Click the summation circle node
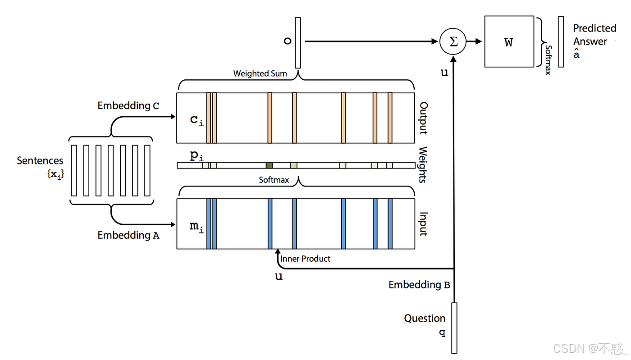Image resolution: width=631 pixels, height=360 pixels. point(453,41)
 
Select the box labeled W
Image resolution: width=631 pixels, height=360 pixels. point(509,42)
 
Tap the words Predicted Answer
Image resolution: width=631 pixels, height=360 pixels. point(594,35)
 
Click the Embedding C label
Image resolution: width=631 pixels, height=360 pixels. point(128,106)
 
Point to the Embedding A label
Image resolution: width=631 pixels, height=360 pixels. point(128,235)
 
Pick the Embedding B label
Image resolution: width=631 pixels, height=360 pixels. point(419,285)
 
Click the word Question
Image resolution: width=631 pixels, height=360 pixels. point(425,319)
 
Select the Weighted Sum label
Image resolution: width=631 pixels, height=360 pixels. point(260,73)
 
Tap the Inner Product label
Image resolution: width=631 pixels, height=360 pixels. point(305,259)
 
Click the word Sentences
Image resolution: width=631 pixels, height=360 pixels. point(40,160)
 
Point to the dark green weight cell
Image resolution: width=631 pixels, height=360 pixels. point(269,165)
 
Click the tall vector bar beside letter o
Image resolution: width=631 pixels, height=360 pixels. point(298,43)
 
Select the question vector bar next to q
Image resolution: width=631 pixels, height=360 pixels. point(454,328)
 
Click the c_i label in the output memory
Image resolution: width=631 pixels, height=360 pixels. point(197,121)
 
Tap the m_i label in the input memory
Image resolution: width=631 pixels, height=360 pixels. point(197,227)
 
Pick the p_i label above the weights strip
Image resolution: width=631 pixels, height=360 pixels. point(197,156)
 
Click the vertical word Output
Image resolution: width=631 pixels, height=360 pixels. point(424,118)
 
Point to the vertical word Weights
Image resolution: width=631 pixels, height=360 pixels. point(423,164)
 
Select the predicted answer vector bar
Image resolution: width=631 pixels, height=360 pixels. point(561,42)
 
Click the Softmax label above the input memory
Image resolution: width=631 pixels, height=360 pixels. point(274,180)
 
